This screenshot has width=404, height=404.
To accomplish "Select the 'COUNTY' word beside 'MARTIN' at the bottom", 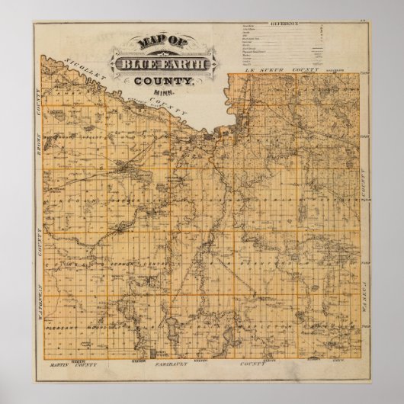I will click(x=87, y=365).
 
